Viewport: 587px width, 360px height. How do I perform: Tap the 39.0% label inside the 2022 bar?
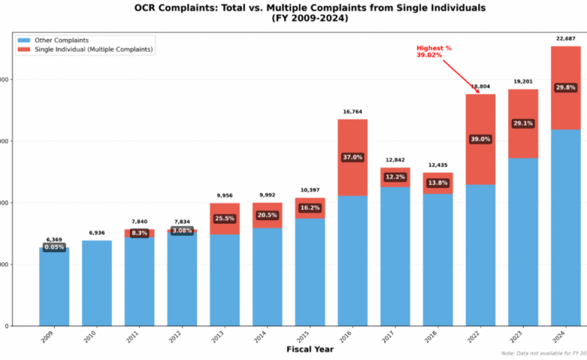pos(480,139)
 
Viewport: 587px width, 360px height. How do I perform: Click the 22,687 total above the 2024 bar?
pos(566,38)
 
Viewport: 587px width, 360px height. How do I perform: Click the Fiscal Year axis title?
pos(309,349)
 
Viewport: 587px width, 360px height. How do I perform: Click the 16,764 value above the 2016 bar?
pos(352,112)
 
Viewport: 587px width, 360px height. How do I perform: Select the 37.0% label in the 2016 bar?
pos(352,157)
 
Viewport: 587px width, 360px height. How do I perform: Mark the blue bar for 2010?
pos(96,283)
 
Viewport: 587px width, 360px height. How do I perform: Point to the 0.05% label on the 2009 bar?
pos(54,247)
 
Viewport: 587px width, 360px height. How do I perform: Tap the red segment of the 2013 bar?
pos(224,210)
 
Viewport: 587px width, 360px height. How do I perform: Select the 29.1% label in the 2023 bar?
pos(523,124)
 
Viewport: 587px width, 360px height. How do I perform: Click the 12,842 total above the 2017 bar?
pos(394,160)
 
